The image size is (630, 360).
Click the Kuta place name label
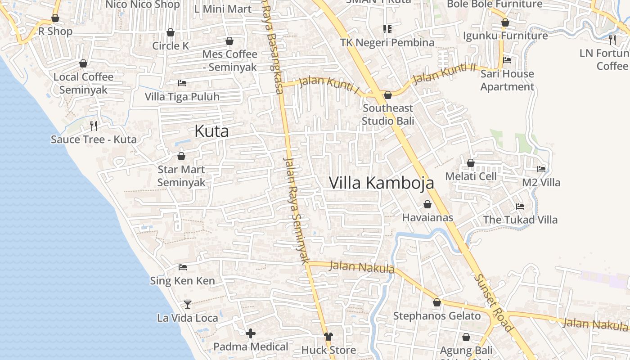pyautogui.click(x=211, y=131)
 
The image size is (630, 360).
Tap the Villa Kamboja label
pyautogui.click(x=381, y=183)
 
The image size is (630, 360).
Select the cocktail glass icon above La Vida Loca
pyautogui.click(x=188, y=305)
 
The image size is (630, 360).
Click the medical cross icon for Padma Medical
pyautogui.click(x=251, y=333)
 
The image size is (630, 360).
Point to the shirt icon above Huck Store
pyautogui.click(x=328, y=337)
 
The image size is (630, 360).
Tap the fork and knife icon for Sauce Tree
pyautogui.click(x=94, y=126)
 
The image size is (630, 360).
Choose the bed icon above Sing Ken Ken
pyautogui.click(x=182, y=267)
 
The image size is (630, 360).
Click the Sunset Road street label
pyautogui.click(x=494, y=302)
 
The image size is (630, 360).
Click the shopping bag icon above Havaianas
pyautogui.click(x=427, y=205)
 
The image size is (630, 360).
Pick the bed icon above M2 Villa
pyautogui.click(x=541, y=169)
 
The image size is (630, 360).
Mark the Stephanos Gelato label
pyautogui.click(x=437, y=316)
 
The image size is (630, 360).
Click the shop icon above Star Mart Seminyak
pyautogui.click(x=181, y=156)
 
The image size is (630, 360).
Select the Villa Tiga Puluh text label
pyautogui.click(x=182, y=97)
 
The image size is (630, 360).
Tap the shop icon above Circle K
pyautogui.click(x=171, y=32)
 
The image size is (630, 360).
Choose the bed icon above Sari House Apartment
pyautogui.click(x=507, y=60)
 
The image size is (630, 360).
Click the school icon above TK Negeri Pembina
pyautogui.click(x=387, y=29)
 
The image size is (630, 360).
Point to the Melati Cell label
pyautogui.click(x=471, y=176)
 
